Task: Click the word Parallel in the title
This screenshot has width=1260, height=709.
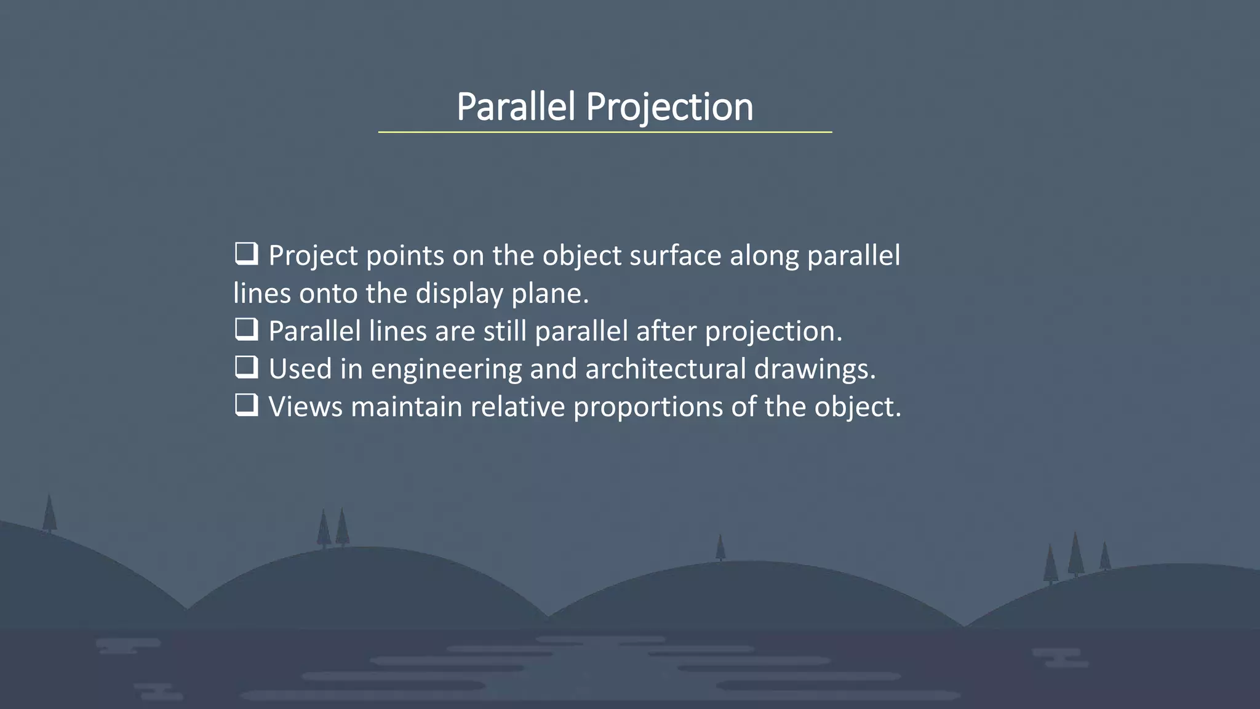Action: [516, 107]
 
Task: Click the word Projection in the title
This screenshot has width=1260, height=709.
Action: [669, 107]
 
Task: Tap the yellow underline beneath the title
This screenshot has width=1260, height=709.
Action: [605, 132]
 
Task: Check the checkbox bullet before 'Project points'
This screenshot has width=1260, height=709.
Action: [246, 254]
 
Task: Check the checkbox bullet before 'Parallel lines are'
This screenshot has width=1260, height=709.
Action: [246, 330]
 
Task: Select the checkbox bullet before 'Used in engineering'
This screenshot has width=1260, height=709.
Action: [246, 367]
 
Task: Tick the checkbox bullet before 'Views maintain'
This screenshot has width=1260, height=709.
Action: [246, 406]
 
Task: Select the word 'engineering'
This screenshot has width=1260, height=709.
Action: [446, 369]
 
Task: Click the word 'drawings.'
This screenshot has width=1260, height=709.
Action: [815, 369]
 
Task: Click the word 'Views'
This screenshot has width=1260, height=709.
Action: [305, 407]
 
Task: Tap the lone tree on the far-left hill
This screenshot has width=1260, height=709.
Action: [49, 513]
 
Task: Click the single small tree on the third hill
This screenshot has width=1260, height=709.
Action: [720, 547]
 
